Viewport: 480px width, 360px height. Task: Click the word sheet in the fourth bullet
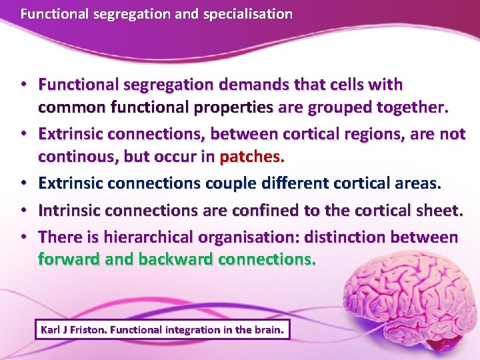(x=441, y=211)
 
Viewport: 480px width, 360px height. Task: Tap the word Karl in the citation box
(x=51, y=329)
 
